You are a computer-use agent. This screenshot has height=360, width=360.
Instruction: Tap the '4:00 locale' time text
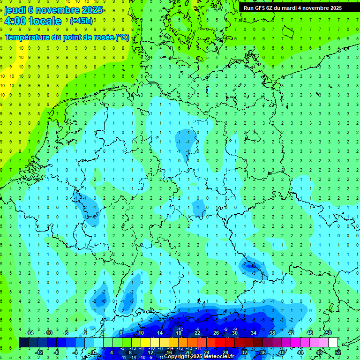pos(33,21)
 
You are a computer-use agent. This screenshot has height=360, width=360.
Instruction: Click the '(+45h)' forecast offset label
pos(81,21)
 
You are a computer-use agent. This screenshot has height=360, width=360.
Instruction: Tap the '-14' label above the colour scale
pos(29,333)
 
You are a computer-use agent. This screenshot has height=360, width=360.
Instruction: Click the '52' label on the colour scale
pos(338,352)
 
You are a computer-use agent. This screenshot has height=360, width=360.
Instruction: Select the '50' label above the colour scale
pos(328,333)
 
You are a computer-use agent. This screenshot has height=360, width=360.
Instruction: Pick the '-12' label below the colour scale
pos(39,352)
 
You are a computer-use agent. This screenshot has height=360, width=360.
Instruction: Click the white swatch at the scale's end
pos(333,343)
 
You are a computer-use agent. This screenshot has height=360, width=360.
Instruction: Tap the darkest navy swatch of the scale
pos(23,343)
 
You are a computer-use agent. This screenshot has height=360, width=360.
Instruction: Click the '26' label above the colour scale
pos(216,333)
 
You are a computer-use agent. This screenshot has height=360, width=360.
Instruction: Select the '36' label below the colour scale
pos(262,352)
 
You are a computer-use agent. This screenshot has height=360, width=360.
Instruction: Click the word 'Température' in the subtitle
pos(27,37)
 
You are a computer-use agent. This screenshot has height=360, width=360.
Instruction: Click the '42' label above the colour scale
pos(291,333)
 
